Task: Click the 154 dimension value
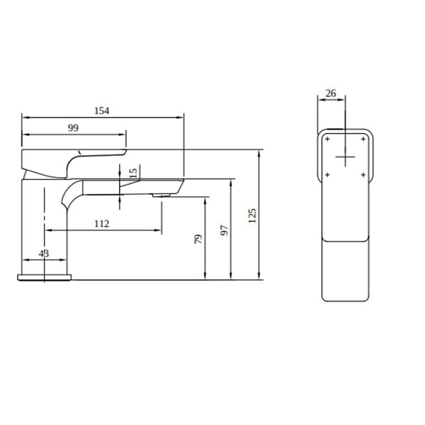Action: coord(101,111)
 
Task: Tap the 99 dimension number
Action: coord(73,128)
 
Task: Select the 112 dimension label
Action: coord(101,224)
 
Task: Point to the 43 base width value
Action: coord(44,254)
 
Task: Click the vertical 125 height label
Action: coord(252,216)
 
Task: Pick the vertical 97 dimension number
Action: coord(225,230)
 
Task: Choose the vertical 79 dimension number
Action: coord(198,239)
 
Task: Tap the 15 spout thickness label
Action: coord(133,174)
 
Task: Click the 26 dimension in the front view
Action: coord(331,93)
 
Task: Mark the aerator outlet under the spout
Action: coord(161,195)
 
